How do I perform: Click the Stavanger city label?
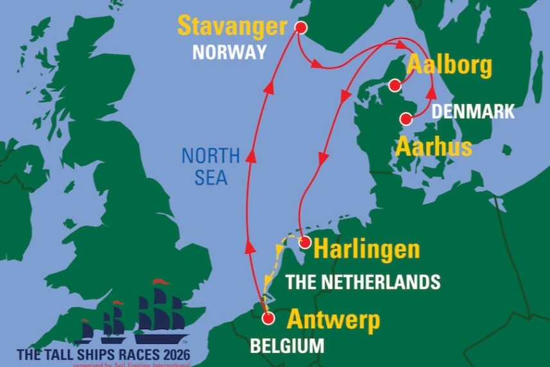(x=231, y=28)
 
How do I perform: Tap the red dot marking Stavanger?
(x=300, y=28)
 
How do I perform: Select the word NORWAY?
(x=229, y=53)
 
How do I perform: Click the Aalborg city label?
(x=449, y=65)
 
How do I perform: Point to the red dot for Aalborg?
(x=395, y=85)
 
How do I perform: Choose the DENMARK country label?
(x=473, y=111)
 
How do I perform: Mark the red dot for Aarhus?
(x=406, y=119)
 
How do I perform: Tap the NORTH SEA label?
(x=210, y=166)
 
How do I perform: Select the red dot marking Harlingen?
(x=305, y=243)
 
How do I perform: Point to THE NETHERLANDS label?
(x=363, y=281)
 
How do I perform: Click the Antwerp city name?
(x=333, y=319)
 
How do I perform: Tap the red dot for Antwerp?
(x=269, y=318)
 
